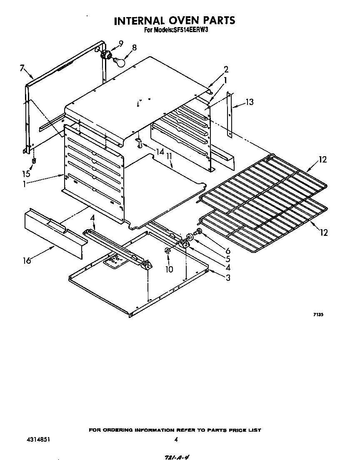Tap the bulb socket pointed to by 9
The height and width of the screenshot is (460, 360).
[107, 54]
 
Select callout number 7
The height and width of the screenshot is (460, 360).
[22, 68]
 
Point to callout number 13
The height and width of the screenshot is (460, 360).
[249, 102]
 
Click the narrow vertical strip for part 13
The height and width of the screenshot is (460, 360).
[229, 115]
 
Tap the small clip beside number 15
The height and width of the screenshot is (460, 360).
[34, 161]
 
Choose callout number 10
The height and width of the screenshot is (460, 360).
[169, 269]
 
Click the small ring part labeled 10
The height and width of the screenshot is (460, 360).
[166, 251]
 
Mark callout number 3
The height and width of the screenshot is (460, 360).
[228, 278]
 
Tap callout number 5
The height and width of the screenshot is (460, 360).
[227, 258]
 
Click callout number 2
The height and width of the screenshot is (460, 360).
[226, 69]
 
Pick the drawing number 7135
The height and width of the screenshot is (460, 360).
[318, 315]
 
